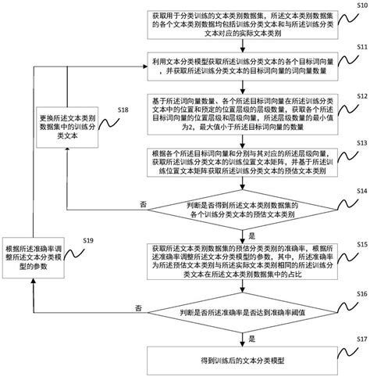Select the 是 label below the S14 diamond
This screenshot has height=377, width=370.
[x=251, y=233]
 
